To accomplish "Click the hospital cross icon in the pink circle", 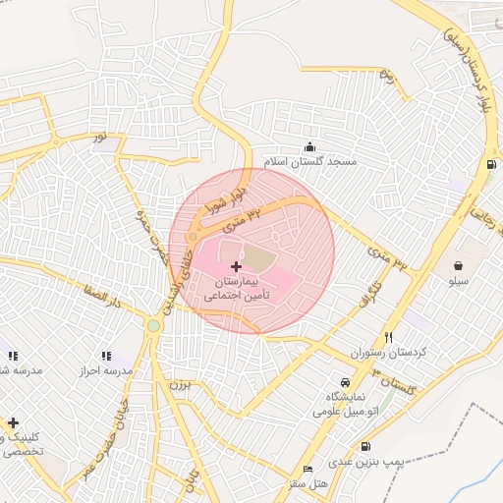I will coord(236,266).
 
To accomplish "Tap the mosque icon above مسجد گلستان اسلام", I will coord(310,146).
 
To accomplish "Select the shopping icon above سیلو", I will coord(459,265).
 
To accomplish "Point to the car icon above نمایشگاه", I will coord(344,382).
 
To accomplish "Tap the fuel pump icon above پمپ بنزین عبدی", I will coord(366,446).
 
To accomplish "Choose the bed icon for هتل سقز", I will coord(308,470).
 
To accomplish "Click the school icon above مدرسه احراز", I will coord(105,356).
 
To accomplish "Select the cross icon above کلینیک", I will coord(13,422).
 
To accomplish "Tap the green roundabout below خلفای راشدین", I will coord(153,326).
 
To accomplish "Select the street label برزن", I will coord(178,384).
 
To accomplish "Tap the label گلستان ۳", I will coord(395,383).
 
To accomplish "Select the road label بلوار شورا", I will coord(222,196).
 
